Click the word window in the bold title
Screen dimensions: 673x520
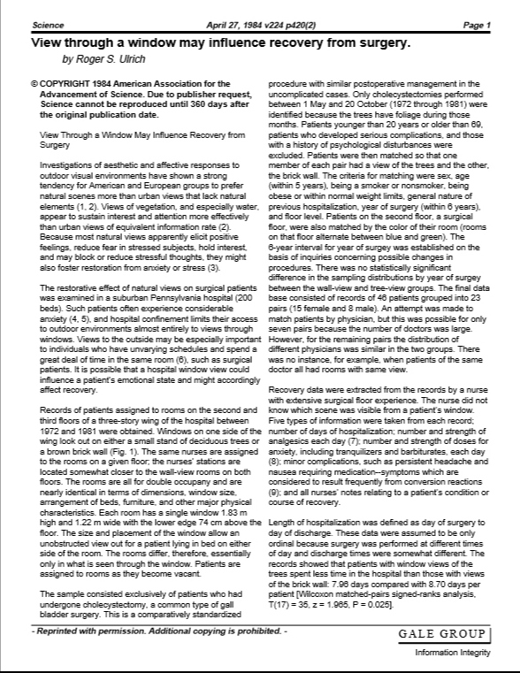click(148, 42)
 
